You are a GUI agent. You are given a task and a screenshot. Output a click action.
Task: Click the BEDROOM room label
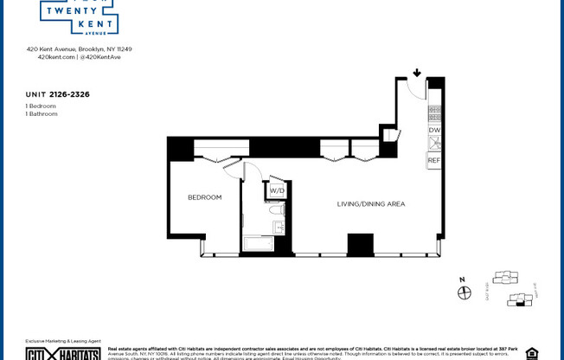pos(205,197)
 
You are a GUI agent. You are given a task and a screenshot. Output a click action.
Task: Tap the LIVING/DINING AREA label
pos(370,204)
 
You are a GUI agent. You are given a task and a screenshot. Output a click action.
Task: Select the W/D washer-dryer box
pos(277,190)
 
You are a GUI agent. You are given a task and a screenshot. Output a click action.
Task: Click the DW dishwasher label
pos(434,130)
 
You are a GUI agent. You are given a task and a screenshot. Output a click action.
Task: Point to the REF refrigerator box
pos(434,160)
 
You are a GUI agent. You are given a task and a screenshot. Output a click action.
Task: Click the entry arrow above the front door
pos(417,74)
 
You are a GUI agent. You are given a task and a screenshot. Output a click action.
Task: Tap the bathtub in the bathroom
pos(258,244)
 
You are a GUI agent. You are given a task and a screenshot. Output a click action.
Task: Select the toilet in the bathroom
pos(277,209)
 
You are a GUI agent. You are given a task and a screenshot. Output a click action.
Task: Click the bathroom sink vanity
pos(279,227)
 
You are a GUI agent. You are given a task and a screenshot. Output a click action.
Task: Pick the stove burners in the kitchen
pos(434,112)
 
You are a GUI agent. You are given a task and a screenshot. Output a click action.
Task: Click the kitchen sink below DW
pos(434,144)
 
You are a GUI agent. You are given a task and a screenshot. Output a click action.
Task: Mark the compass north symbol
pos(465,292)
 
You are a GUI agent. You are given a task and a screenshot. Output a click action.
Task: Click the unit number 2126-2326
pos(69,94)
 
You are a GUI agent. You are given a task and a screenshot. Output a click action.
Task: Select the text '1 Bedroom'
pos(42,106)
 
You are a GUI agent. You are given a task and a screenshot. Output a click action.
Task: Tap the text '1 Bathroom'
pos(42,113)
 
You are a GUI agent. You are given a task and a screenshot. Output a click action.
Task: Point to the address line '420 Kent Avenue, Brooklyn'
pos(79,49)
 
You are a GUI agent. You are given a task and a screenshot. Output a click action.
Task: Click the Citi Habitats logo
pos(62,353)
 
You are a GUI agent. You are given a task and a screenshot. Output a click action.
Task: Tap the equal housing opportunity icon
pos(531,353)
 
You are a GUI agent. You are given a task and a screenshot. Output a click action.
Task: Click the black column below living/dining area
pos(360,245)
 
